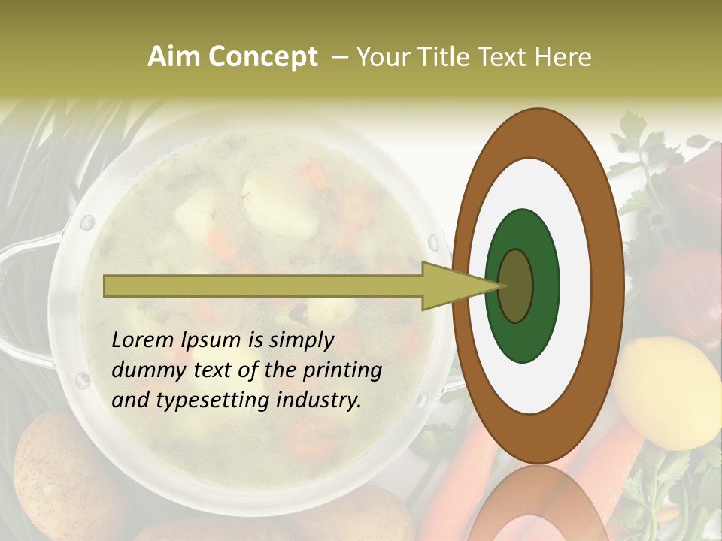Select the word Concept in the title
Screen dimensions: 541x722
263,57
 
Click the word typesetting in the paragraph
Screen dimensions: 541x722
209,401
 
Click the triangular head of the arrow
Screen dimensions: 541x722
451,286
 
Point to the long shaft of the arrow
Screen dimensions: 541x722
263,286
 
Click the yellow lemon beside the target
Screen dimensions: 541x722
668,391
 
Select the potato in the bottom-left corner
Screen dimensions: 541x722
49,473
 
